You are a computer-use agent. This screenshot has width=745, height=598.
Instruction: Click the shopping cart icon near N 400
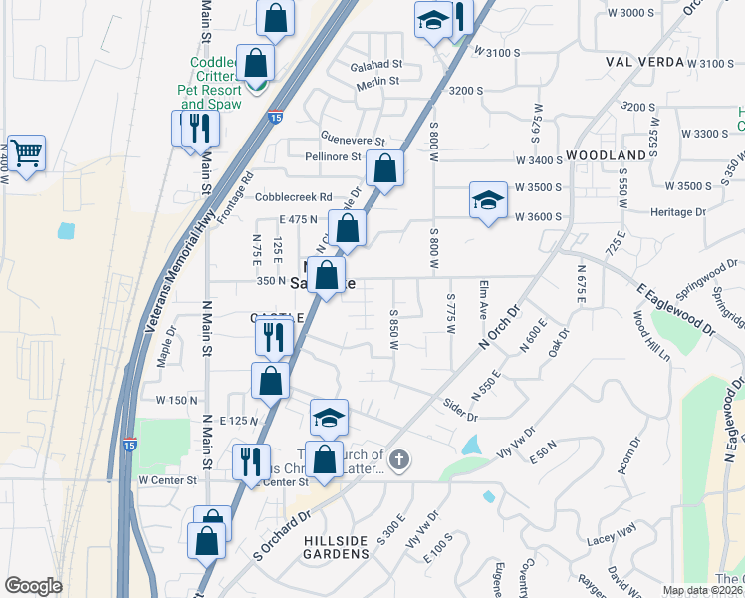pyautogui.click(x=26, y=153)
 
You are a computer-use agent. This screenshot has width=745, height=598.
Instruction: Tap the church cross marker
pyautogui.click(x=398, y=460)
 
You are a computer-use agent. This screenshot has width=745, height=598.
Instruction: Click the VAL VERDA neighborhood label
pyautogui.click(x=644, y=61)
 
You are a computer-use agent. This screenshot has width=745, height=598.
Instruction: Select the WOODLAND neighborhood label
pyautogui.click(x=606, y=156)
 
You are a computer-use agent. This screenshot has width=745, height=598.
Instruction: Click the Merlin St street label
pyautogui.click(x=378, y=82)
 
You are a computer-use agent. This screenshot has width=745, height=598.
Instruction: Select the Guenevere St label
pyautogui.click(x=352, y=140)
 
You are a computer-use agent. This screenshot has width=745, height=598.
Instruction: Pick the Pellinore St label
pyautogui.click(x=342, y=157)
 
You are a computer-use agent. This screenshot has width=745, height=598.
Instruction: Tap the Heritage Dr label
pyautogui.click(x=678, y=212)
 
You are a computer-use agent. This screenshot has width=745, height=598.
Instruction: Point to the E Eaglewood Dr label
pyautogui.click(x=676, y=306)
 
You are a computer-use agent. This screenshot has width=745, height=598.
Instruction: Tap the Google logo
pyautogui.click(x=33, y=586)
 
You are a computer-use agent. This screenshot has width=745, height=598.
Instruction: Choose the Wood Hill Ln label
pyautogui.click(x=651, y=339)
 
